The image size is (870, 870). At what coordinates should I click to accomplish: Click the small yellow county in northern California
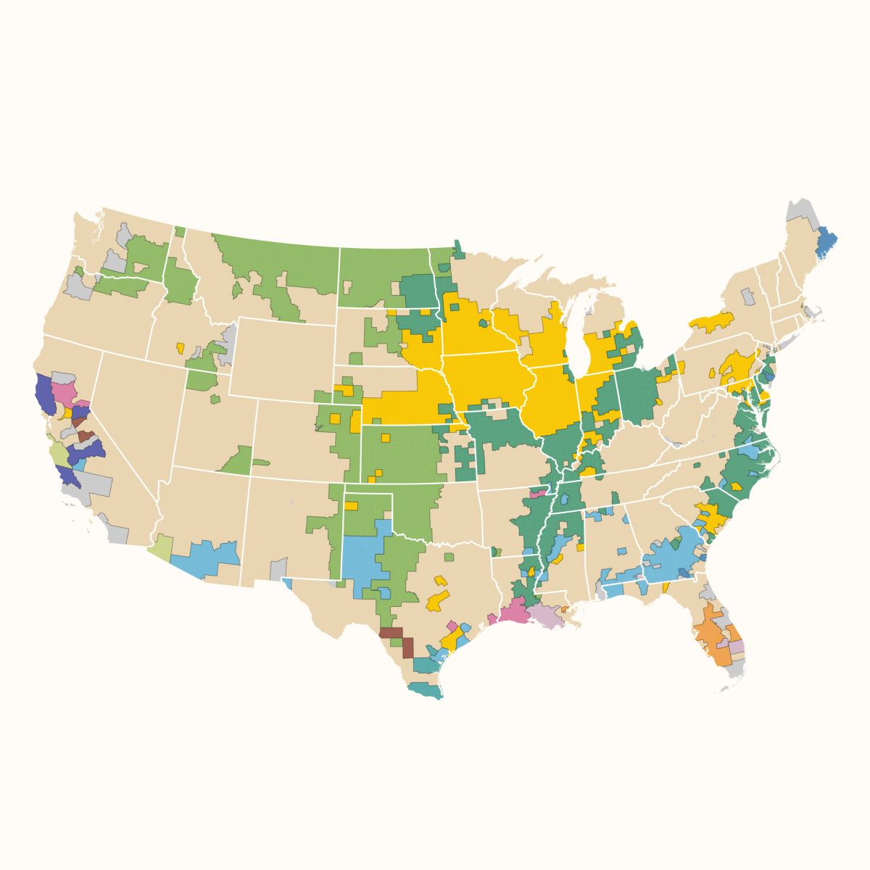(68, 413)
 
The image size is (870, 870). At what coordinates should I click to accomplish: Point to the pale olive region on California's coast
(58, 454)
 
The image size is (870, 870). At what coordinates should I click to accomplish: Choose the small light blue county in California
(79, 464)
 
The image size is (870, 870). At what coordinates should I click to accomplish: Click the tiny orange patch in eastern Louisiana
(565, 609)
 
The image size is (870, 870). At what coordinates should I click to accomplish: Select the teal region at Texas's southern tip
(426, 689)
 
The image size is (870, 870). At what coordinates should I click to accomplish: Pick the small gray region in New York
(747, 297)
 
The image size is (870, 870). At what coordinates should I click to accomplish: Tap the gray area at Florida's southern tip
(735, 670)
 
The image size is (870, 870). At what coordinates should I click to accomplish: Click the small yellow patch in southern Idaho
(180, 348)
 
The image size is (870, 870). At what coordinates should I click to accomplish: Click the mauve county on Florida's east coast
(737, 646)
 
